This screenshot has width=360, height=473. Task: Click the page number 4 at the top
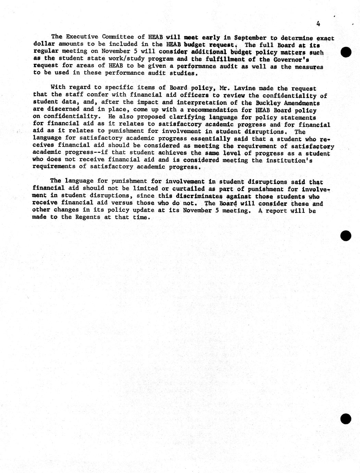(x=318, y=24)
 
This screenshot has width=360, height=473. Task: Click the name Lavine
(x=245, y=88)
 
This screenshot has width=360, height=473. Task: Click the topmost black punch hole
(x=346, y=52)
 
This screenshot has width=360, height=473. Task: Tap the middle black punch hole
(x=346, y=235)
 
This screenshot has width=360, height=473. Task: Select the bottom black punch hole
(x=346, y=419)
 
